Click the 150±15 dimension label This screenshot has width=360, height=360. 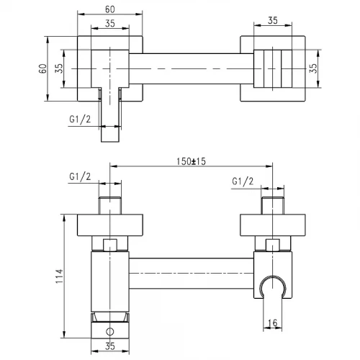pos(191,161)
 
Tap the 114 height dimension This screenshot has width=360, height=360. pos(59,276)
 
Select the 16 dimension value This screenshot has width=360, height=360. pos(272,323)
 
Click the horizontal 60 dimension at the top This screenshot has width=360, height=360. pos(110,9)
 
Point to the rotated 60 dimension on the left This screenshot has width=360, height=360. pos(42,68)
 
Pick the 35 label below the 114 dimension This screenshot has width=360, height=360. pos(110,346)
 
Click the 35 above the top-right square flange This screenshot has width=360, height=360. pos(273,20)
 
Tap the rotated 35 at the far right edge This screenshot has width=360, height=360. pos(313,68)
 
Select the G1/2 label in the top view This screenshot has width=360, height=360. pos(80,120)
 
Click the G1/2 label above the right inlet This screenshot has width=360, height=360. pos(243,181)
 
